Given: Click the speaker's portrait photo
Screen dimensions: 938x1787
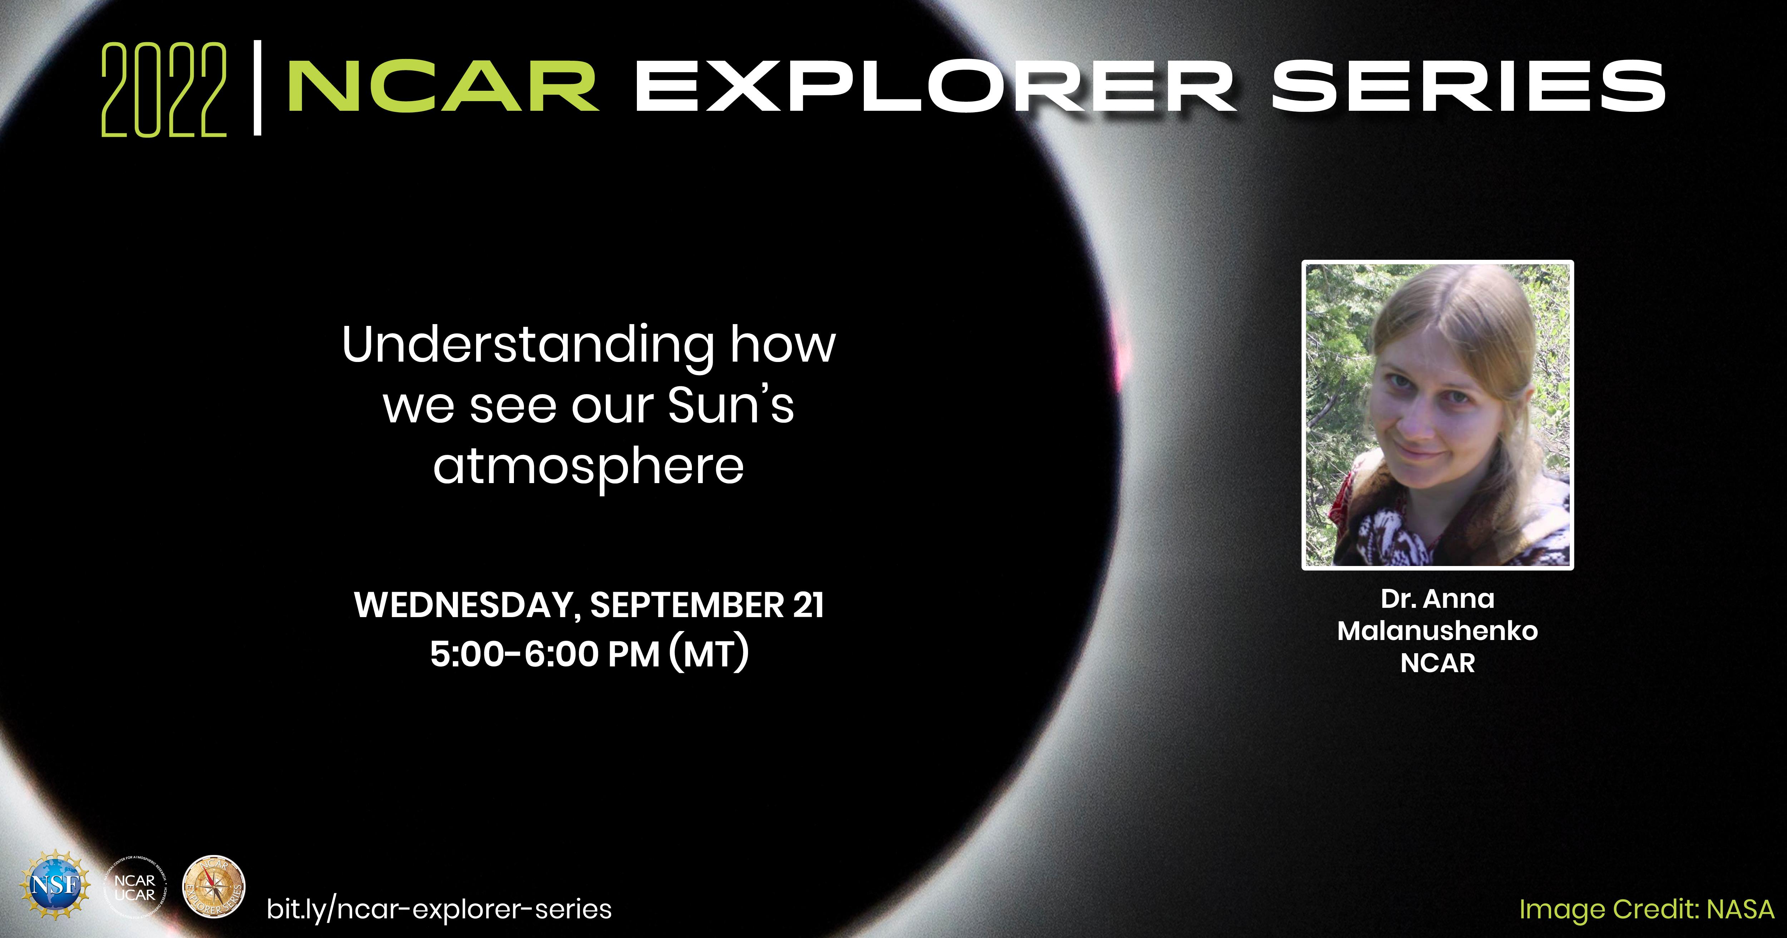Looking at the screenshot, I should [x=1437, y=415].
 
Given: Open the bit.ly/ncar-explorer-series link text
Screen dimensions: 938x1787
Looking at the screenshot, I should [x=439, y=909].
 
